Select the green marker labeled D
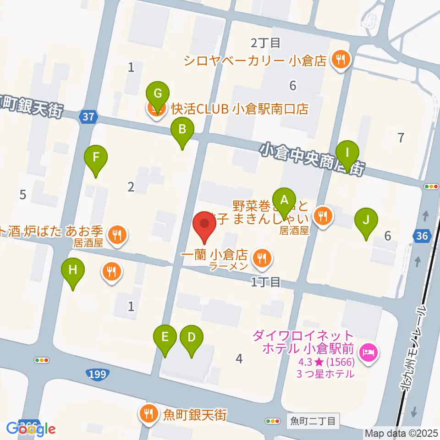[191, 338]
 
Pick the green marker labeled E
[165, 338]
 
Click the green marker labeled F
[96, 158]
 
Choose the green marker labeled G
[157, 94]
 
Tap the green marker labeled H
[73, 270]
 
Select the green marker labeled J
[366, 220]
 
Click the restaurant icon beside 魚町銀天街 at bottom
[148, 414]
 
